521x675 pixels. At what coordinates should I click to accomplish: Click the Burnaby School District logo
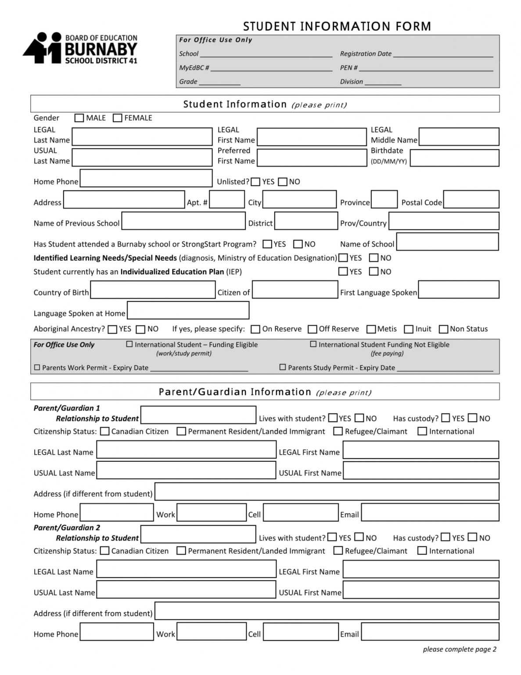[80, 48]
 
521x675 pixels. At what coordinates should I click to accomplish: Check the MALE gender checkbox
[79, 118]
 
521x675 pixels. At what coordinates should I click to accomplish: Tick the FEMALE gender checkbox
[117, 118]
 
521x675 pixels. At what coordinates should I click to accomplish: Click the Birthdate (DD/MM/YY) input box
[454, 158]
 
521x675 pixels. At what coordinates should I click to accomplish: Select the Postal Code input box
[471, 199]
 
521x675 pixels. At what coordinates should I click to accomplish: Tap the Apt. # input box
[226, 199]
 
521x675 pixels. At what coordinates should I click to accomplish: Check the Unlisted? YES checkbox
[255, 182]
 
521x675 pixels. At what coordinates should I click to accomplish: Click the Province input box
[384, 199]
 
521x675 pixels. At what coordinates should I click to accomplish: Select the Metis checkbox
[371, 329]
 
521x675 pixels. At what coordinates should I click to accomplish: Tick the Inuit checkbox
[409, 329]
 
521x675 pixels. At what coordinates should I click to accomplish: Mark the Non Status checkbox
[444, 329]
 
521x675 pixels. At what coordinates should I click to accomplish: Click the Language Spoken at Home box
[188, 310]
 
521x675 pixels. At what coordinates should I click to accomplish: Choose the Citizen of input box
[295, 290]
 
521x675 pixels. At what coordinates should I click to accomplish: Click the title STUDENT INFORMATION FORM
[337, 26]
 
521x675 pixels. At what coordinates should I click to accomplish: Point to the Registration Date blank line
[443, 54]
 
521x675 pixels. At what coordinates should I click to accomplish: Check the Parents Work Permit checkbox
[37, 367]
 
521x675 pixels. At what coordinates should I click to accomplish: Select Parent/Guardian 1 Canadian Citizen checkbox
[104, 432]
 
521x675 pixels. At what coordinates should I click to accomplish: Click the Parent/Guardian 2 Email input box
[430, 631]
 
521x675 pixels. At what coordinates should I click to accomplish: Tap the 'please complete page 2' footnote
[459, 650]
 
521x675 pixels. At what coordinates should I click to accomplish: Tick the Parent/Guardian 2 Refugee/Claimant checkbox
[338, 551]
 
